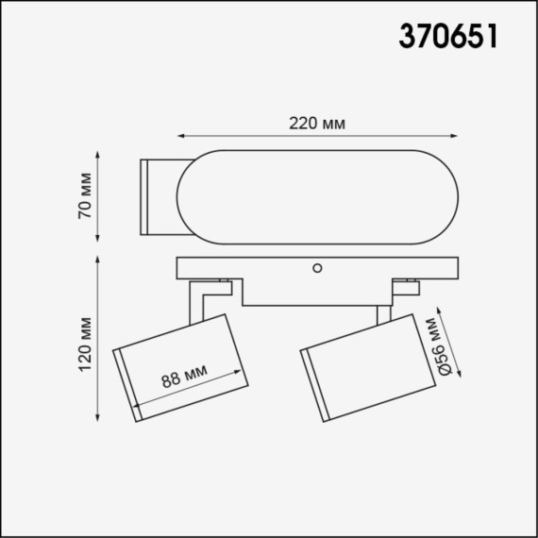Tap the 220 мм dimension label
tap(316, 124)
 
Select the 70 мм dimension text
tap(84, 195)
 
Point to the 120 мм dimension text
tap(84, 341)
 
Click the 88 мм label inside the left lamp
tap(183, 379)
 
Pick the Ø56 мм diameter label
tap(437, 346)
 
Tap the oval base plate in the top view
tap(318, 194)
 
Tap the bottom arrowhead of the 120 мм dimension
tap(99, 419)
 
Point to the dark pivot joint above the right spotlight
tap(411, 280)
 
